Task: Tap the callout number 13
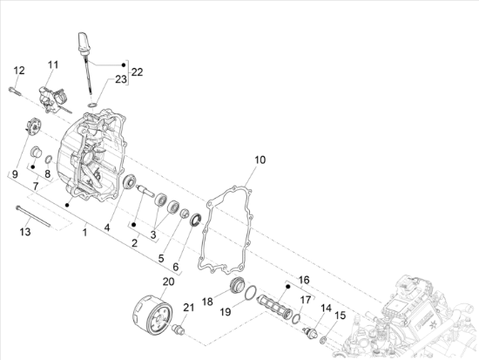[x=25, y=231]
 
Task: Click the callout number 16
[x=304, y=280]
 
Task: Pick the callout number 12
[x=19, y=70]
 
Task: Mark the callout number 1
[x=84, y=233]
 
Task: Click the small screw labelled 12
[x=20, y=87]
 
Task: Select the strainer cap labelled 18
[x=234, y=289]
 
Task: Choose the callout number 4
[x=107, y=228]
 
